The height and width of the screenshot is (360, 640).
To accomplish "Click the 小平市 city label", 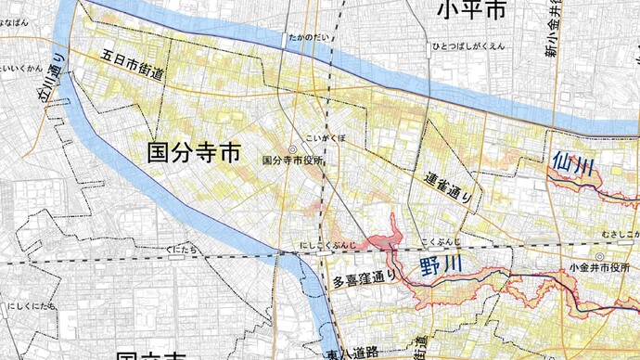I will pyautogui.click(x=474, y=12).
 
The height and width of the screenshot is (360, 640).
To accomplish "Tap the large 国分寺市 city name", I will pyautogui.click(x=194, y=152).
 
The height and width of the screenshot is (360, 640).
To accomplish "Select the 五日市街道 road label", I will pyautogui.click(x=127, y=70).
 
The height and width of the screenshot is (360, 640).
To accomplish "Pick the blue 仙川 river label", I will pyautogui.click(x=572, y=166).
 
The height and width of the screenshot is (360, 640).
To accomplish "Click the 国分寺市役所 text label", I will pyautogui.click(x=294, y=161).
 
